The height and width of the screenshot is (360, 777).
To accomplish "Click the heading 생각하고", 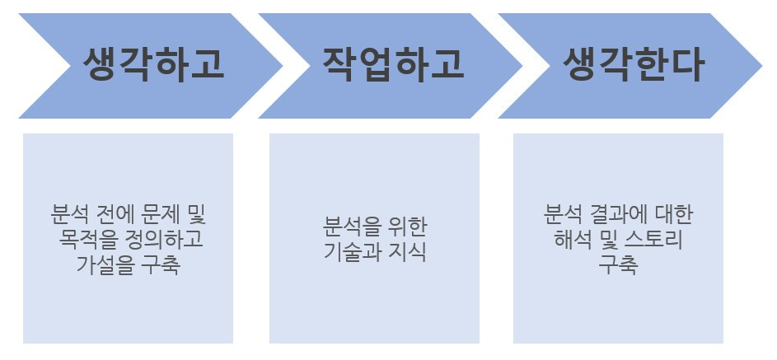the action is [x=153, y=65].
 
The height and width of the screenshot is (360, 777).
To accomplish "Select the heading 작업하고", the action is [x=393, y=65].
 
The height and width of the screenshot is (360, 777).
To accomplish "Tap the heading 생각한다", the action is [x=634, y=65].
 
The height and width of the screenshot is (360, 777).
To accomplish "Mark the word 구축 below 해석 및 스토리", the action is [x=618, y=265].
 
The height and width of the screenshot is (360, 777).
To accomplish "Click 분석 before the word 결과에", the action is [x=563, y=217].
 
